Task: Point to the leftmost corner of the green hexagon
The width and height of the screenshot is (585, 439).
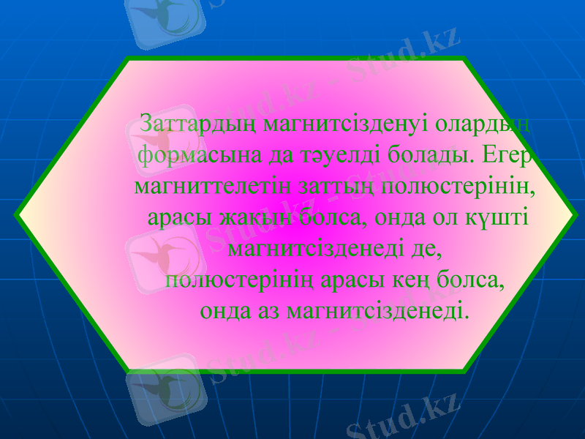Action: tap(17, 214)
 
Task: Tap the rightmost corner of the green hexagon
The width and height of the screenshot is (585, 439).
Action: tap(571, 214)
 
